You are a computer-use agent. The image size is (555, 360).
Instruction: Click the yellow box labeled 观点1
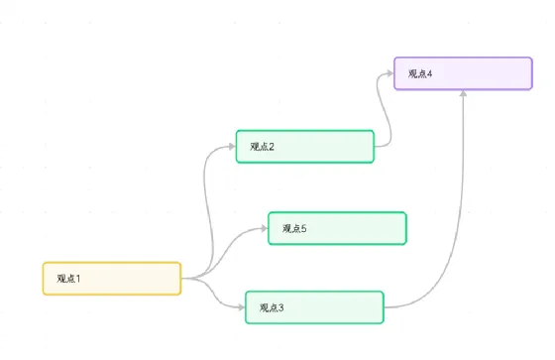click(x=112, y=279)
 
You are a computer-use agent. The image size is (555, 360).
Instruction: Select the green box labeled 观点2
click(x=305, y=147)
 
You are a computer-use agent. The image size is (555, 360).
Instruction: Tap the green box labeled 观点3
click(x=315, y=307)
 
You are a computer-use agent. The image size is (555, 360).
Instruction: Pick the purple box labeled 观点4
click(x=464, y=73)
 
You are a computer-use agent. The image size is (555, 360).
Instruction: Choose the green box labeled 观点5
click(x=337, y=228)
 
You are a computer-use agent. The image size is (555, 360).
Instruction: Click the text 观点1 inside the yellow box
click(x=68, y=279)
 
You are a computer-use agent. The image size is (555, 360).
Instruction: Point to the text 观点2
click(x=263, y=147)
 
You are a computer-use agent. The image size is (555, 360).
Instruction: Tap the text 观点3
click(x=272, y=307)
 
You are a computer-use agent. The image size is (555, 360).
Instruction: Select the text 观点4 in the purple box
click(x=420, y=73)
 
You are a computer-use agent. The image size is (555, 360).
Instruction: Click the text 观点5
click(x=294, y=228)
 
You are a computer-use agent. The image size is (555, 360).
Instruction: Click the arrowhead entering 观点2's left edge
click(x=232, y=147)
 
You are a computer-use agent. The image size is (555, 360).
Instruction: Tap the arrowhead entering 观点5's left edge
click(x=264, y=228)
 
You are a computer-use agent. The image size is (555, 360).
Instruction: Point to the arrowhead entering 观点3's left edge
click(x=242, y=307)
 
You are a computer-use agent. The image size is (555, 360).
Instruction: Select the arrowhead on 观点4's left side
click(x=390, y=73)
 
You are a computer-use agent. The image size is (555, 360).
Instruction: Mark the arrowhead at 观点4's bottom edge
click(x=463, y=93)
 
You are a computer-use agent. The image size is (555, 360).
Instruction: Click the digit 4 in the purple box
click(x=430, y=73)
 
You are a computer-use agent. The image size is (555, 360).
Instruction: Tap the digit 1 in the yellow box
click(x=78, y=279)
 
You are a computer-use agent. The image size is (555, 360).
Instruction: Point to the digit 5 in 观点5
click(x=304, y=228)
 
